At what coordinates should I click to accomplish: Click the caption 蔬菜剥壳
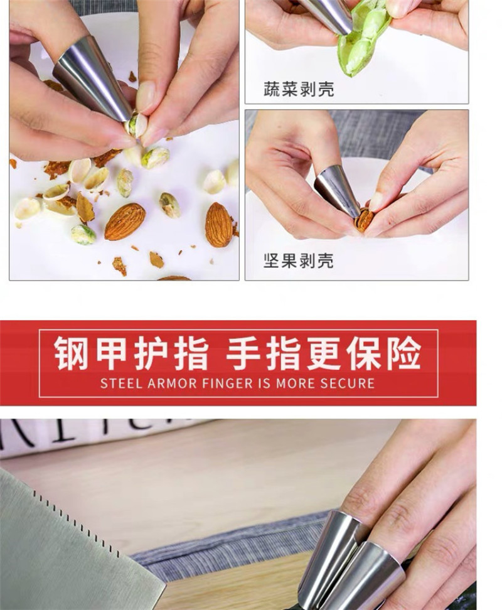pos(299,89)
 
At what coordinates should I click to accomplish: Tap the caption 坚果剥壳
pos(298,260)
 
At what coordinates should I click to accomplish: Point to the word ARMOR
pos(172,383)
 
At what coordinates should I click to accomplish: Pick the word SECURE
pos(347,383)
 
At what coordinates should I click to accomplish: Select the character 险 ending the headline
pos(403,353)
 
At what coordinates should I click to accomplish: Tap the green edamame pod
pos(363,39)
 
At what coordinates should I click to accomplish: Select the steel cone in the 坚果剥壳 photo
pos(337,191)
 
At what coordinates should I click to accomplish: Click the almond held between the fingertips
pos(364,220)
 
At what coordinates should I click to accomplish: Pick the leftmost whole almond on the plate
pos(125,221)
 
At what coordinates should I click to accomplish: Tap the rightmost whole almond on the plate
pos(218,225)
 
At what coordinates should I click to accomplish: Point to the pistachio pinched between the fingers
pos(137,124)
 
